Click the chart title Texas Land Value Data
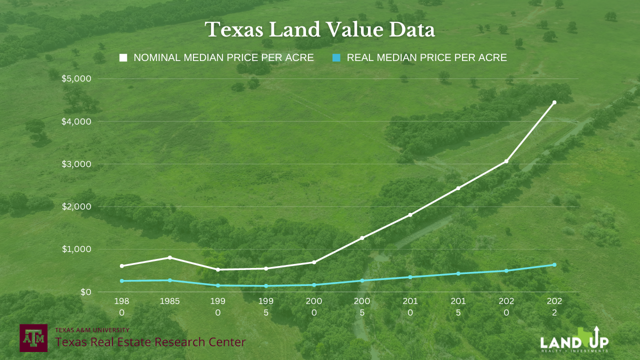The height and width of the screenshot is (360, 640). (320, 30)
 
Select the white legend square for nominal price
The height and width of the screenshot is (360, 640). (123, 58)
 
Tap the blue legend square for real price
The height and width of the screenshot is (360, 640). (336, 58)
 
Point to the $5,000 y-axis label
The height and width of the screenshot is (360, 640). (76, 78)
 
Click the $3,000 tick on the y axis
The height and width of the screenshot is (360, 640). (76, 164)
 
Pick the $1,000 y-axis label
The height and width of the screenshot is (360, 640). (76, 249)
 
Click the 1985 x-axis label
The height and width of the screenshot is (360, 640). (169, 301)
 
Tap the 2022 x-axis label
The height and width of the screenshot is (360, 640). (554, 306)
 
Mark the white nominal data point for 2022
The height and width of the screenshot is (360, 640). (554, 102)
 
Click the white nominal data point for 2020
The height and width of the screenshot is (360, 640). (506, 161)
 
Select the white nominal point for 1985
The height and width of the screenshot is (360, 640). (170, 257)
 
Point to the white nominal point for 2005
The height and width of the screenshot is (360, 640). (362, 238)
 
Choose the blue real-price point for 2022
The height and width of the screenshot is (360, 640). (554, 264)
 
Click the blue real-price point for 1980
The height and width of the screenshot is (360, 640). (122, 281)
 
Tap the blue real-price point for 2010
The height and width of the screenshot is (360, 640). (410, 277)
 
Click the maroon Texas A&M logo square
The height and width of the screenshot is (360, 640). (33, 337)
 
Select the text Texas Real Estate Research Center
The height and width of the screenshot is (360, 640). (150, 342)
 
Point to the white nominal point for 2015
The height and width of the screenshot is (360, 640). (458, 188)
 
